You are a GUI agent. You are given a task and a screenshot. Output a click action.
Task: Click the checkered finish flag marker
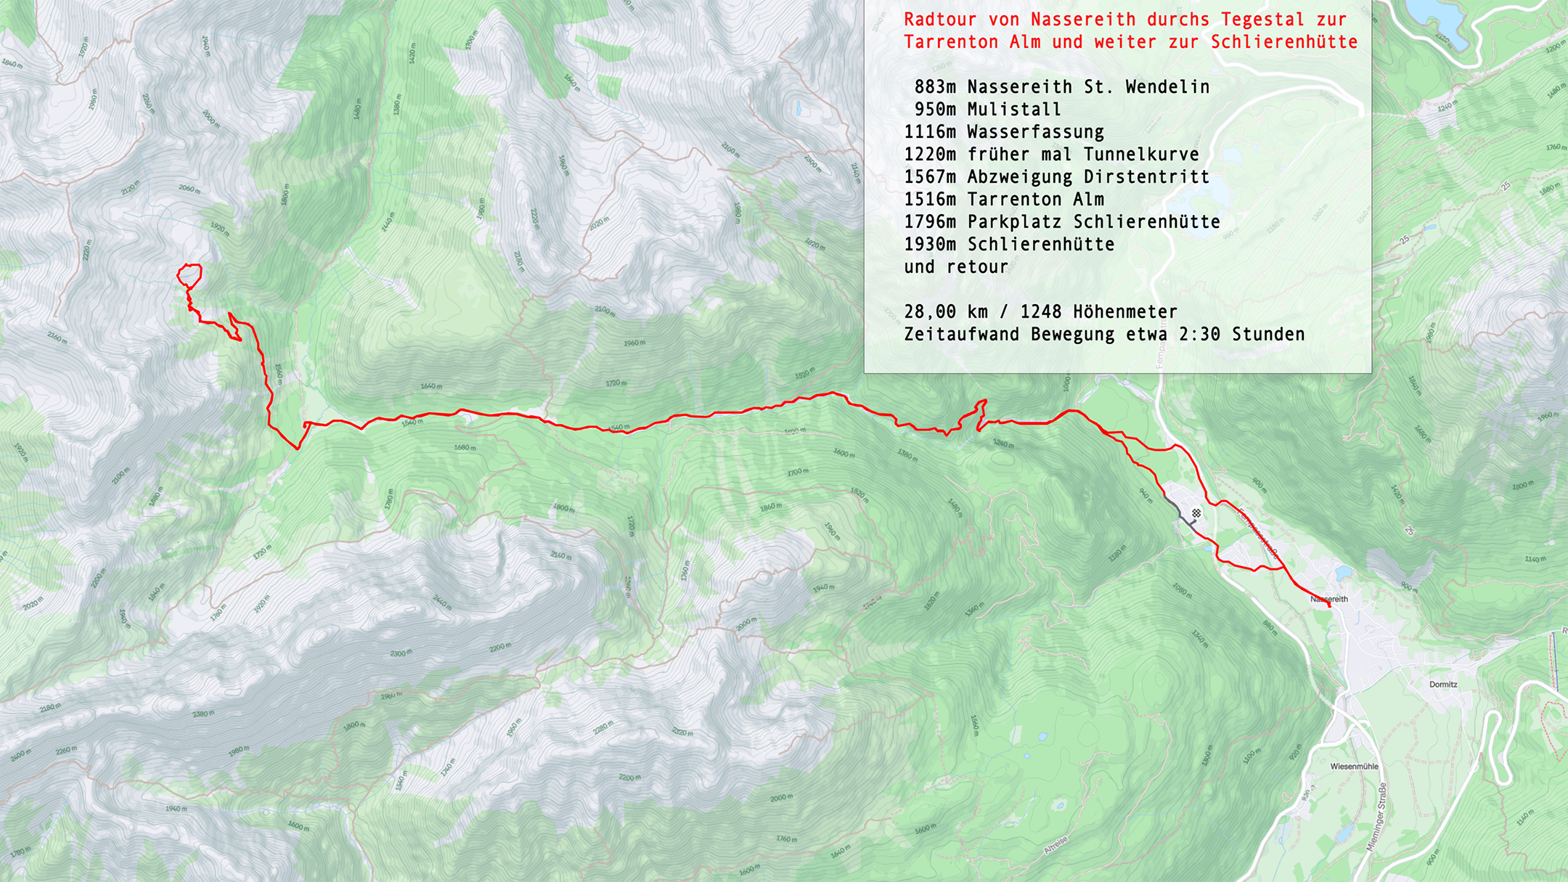[1196, 513]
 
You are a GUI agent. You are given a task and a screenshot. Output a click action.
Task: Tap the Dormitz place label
[1443, 685]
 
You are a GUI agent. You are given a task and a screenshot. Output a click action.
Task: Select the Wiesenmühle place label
[1354, 767]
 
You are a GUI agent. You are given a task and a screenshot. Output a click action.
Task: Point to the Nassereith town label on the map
[1329, 599]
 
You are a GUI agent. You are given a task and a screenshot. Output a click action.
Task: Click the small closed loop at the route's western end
[189, 275]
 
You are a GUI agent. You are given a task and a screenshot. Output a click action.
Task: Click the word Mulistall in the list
[1013, 110]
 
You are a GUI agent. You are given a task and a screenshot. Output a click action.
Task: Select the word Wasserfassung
[1035, 132]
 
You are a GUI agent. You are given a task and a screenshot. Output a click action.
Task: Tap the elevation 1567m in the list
[930, 177]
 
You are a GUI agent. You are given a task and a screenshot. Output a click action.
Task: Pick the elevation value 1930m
[930, 245]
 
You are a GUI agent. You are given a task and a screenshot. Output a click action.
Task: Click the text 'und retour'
[956, 267]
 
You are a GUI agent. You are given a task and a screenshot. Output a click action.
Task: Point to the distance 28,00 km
[946, 312]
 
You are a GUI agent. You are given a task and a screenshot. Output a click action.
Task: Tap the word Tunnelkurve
[1141, 155]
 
